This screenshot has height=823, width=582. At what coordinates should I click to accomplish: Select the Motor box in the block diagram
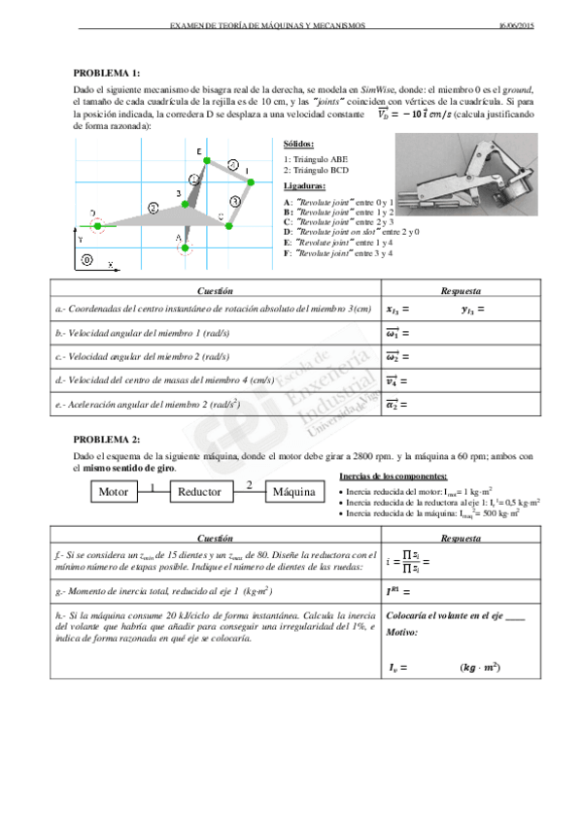tap(115, 492)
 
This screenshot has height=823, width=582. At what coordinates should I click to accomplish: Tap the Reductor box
tap(199, 492)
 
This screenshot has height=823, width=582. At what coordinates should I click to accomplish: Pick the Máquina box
tap(294, 492)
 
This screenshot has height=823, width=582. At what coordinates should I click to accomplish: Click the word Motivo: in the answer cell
tap(402, 632)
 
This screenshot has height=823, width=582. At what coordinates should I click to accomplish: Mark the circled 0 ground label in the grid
tap(87, 261)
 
